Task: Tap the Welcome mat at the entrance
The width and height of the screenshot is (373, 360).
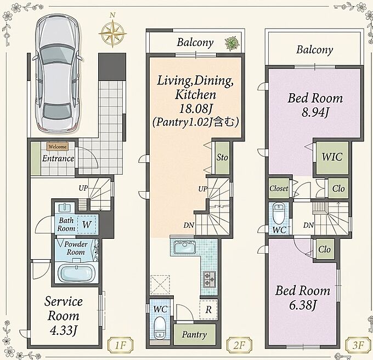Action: tap(58, 147)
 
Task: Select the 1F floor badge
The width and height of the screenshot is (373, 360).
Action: tap(120, 345)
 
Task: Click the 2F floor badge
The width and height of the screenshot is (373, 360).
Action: tap(239, 345)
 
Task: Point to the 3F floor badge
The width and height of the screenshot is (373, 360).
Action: tap(358, 345)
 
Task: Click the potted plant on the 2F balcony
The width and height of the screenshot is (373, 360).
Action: tap(231, 43)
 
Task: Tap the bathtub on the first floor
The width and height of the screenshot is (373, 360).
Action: tap(77, 273)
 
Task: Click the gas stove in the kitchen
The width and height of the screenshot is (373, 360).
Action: tap(210, 279)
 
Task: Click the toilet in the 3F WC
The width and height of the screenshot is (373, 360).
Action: tap(278, 213)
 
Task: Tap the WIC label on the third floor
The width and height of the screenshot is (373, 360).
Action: tap(332, 157)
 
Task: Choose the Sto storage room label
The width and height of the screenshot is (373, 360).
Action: tap(222, 157)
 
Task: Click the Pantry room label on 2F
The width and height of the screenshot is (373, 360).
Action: tap(194, 335)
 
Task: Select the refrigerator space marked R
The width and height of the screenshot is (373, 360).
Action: tap(208, 310)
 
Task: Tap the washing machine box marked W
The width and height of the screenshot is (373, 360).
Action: tap(87, 224)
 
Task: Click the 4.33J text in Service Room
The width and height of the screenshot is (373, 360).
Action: tap(63, 330)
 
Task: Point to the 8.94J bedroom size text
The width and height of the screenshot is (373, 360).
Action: tap(315, 112)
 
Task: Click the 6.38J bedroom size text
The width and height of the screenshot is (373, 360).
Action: tap(303, 305)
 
